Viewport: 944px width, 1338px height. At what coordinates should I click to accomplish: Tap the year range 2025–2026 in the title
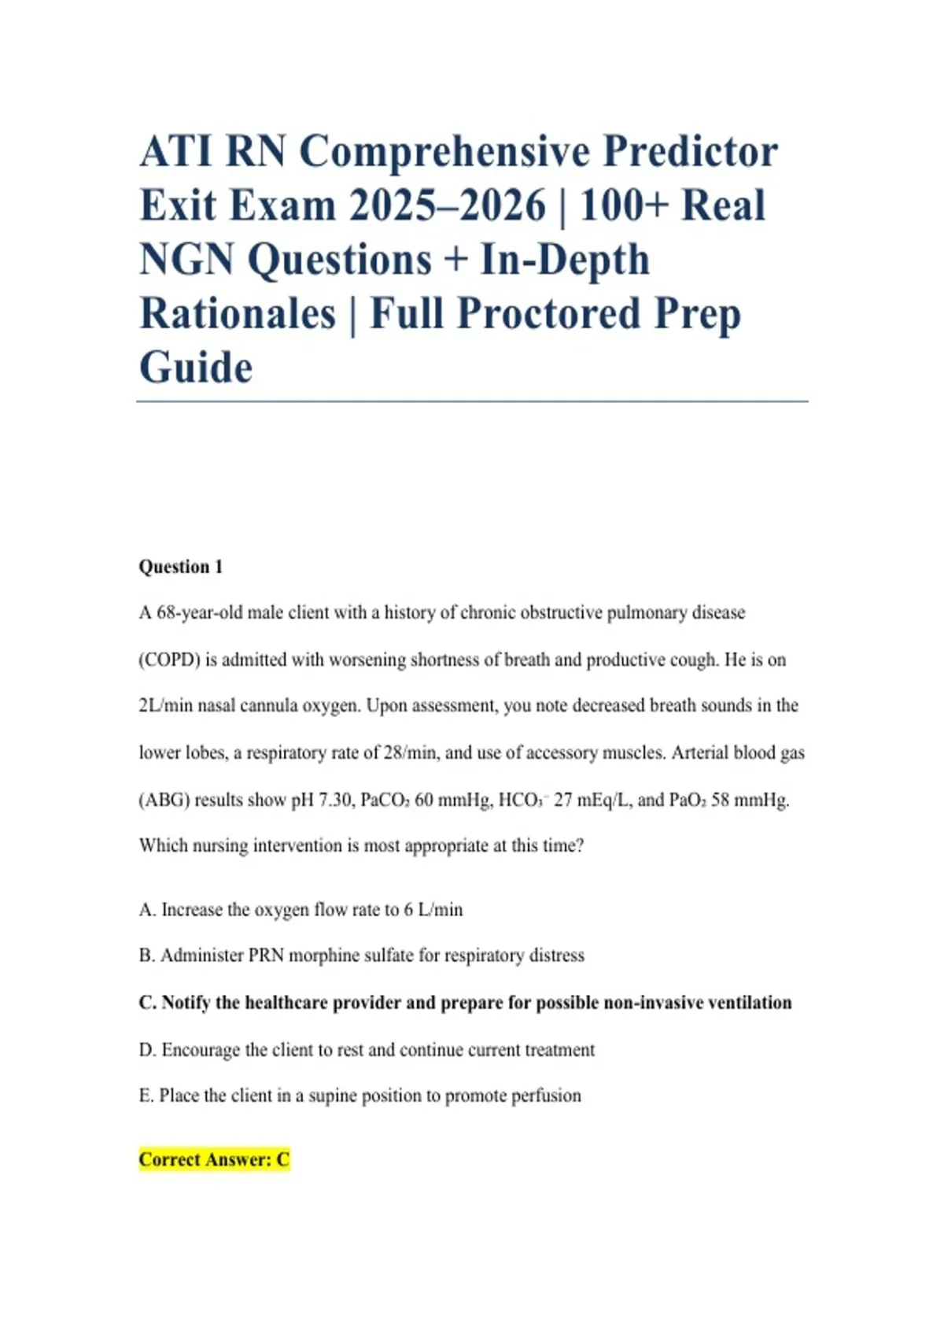447,205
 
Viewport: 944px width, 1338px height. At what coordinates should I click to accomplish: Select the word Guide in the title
196,368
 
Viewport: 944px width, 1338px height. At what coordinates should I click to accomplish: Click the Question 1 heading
181,567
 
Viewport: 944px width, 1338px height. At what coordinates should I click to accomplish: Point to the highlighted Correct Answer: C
214,1159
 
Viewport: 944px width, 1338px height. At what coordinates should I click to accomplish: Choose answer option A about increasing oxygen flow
301,910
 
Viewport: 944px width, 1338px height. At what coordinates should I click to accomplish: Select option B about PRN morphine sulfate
361,955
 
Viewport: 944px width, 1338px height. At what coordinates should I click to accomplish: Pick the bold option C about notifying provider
465,1003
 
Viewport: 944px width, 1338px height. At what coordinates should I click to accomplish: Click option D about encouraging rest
367,1050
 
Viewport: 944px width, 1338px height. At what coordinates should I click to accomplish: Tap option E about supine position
360,1096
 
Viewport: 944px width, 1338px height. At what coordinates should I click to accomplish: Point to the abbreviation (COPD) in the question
169,660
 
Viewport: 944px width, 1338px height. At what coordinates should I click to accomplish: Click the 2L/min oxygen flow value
165,706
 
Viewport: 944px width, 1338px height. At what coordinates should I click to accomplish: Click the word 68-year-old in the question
200,612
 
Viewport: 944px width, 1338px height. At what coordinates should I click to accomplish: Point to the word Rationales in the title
238,313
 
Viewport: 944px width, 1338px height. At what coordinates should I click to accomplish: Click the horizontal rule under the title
472,401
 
